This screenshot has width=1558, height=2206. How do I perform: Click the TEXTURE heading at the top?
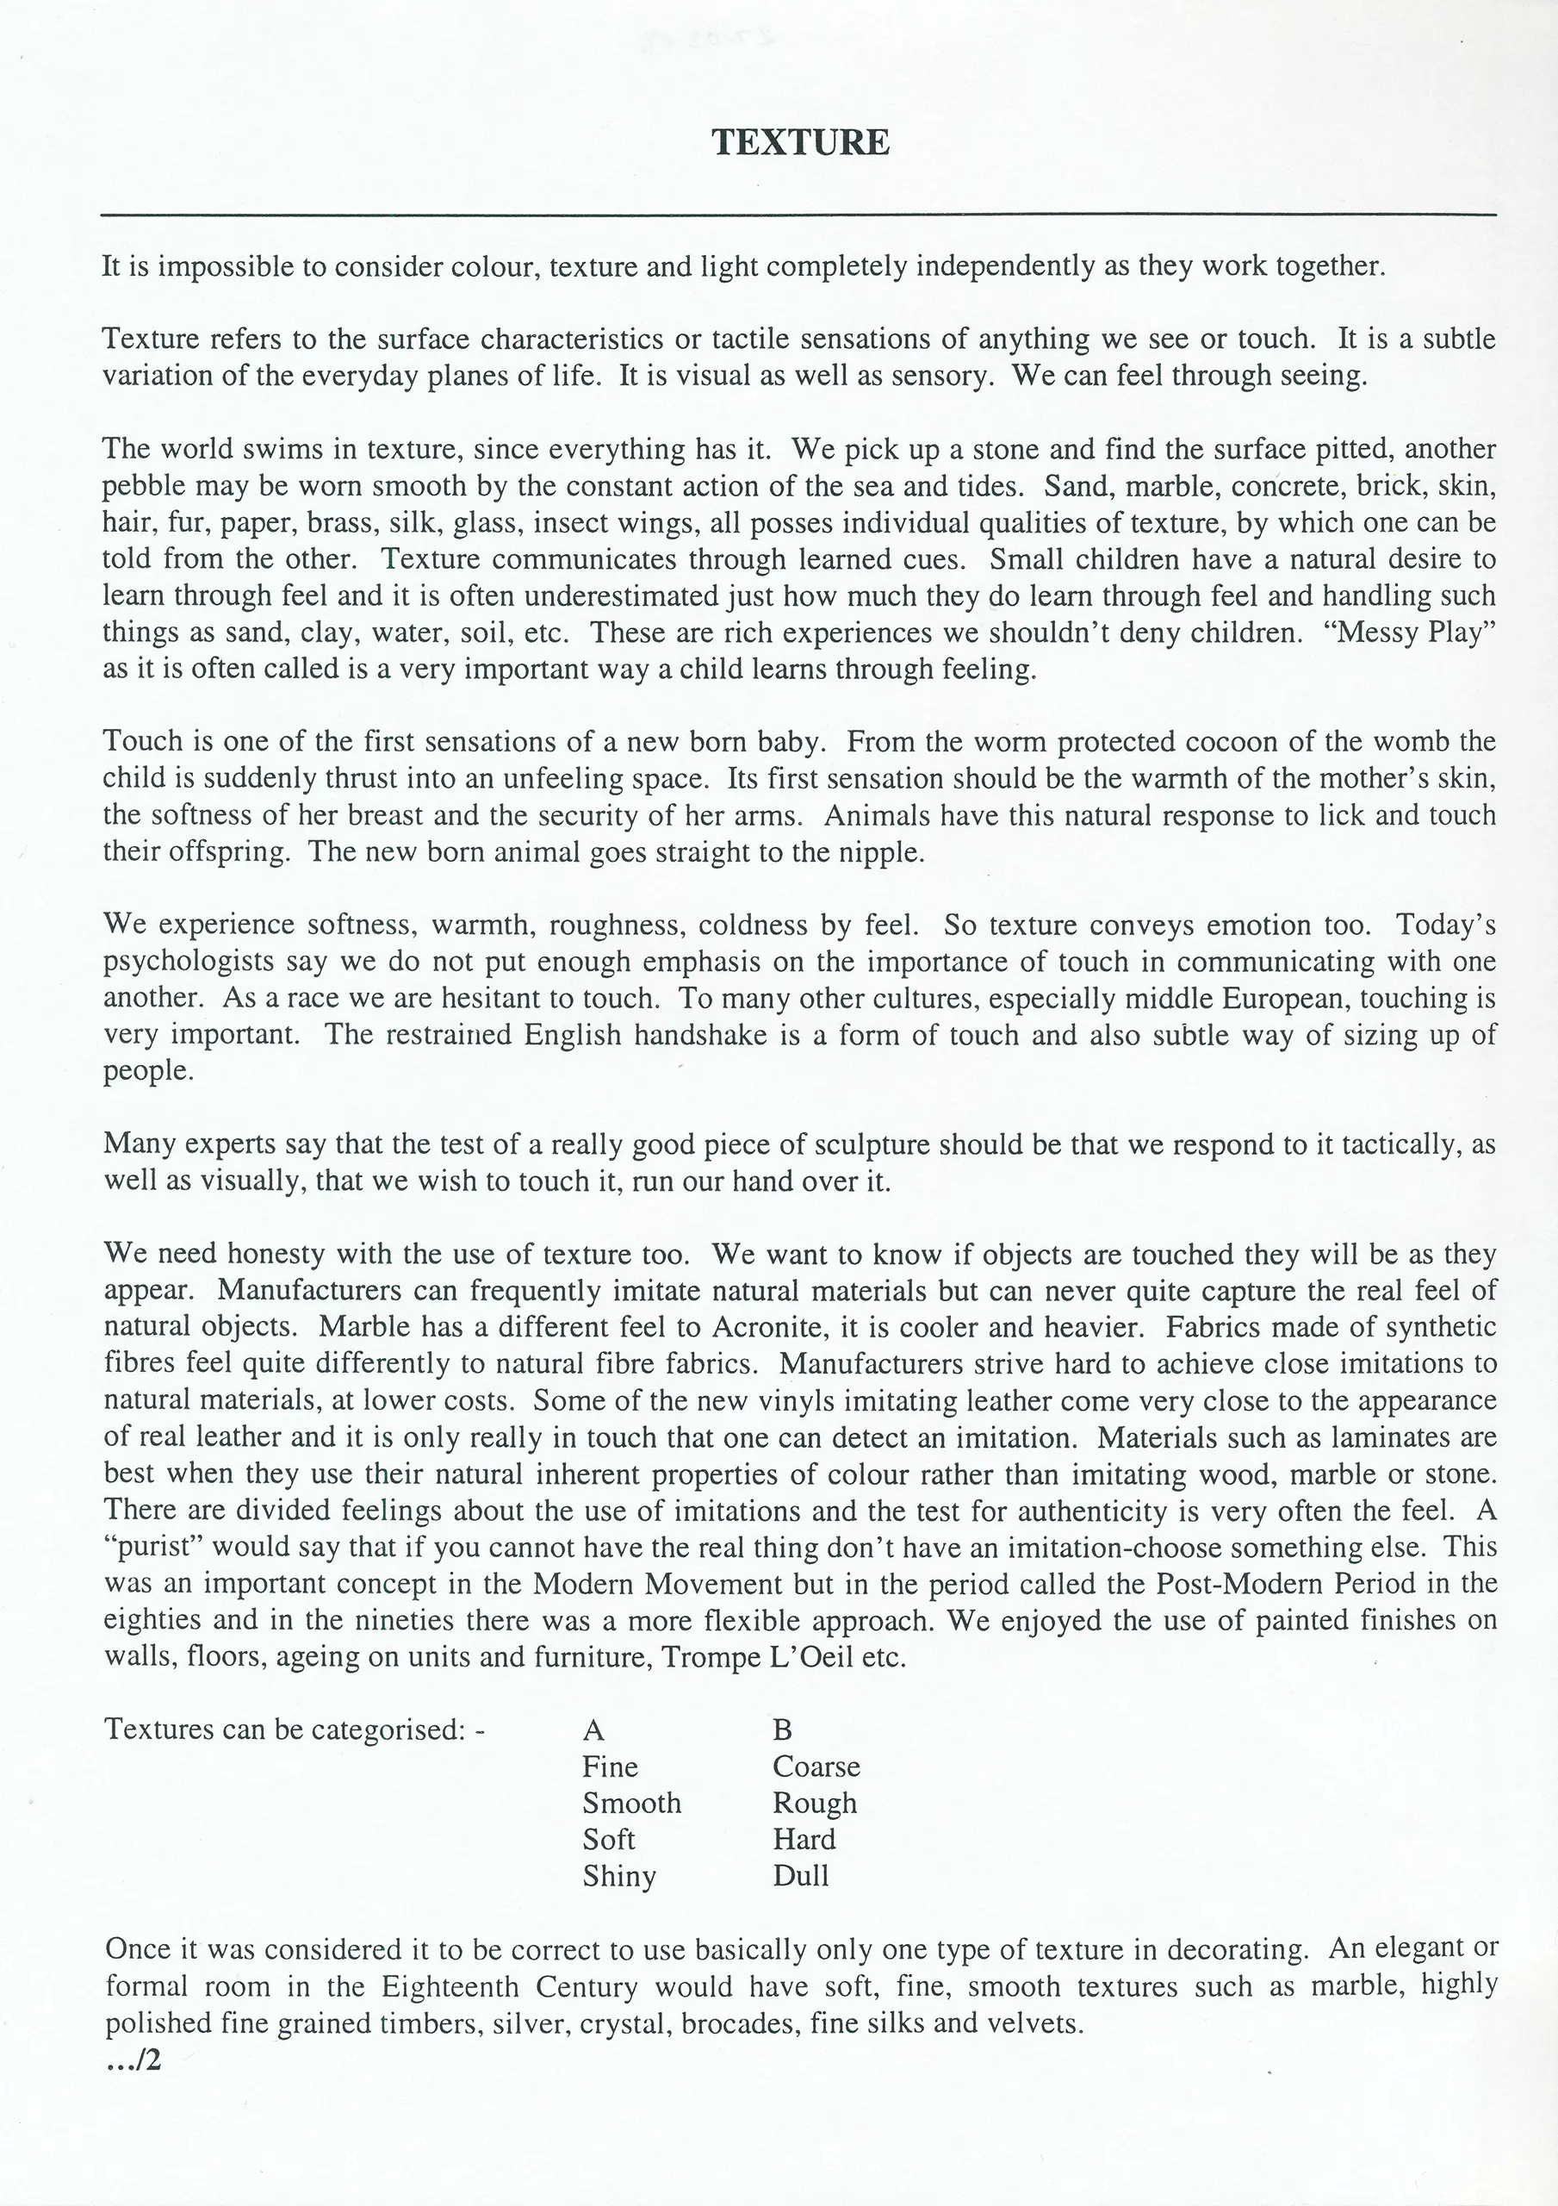click(800, 142)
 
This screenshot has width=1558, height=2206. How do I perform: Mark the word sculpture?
click(872, 1144)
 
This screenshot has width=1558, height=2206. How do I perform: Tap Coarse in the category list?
click(816, 1766)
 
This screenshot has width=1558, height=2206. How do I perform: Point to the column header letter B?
click(782, 1729)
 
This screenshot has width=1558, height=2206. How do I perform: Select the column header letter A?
click(593, 1729)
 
